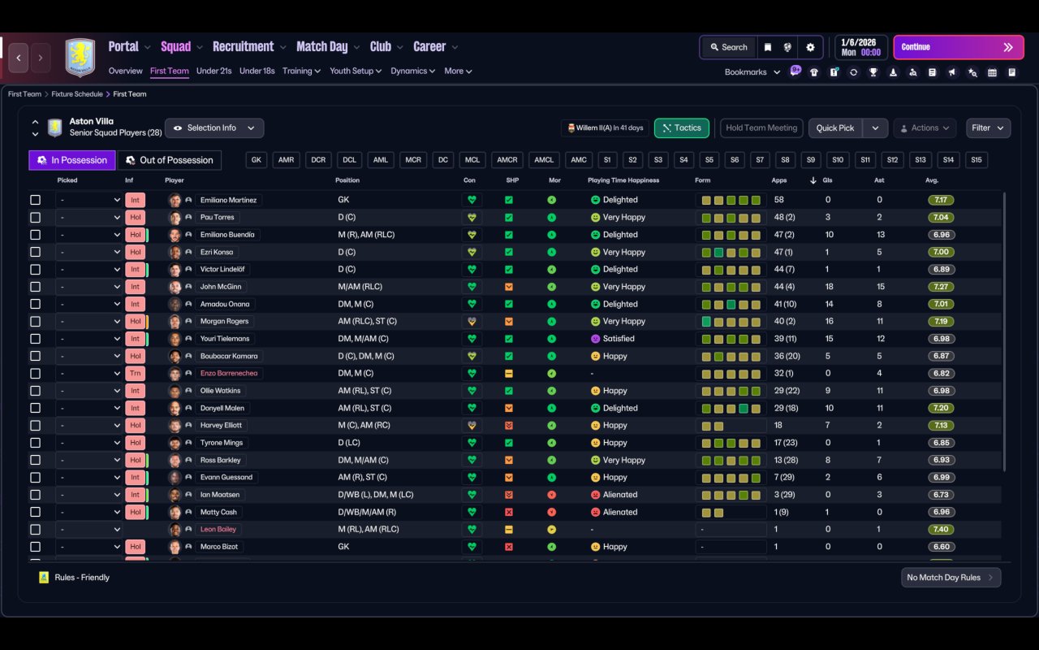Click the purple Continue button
tap(959, 47)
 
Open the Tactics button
tap(681, 128)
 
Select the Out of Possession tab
tap(170, 160)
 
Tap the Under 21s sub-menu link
tap(213, 71)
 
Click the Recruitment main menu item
tap(244, 47)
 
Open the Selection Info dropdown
tap(214, 128)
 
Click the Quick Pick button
tap(835, 128)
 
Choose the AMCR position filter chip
tap(507, 160)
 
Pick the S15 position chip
tap(976, 160)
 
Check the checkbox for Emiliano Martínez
tap(35, 200)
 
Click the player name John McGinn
tap(221, 287)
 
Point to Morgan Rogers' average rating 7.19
tap(941, 321)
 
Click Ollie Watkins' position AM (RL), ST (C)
tap(364, 391)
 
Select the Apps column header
tap(778, 180)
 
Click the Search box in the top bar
tap(729, 47)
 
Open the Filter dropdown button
tap(988, 128)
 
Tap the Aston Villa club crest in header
tap(80, 57)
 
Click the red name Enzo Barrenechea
tap(229, 373)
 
